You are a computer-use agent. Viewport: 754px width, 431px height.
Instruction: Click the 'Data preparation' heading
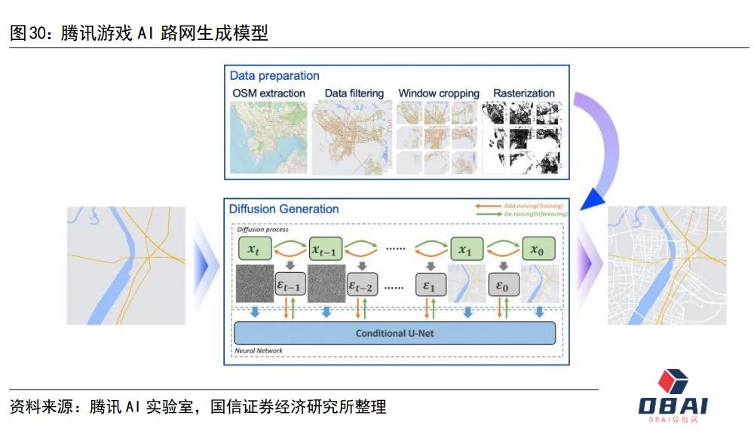point(274,76)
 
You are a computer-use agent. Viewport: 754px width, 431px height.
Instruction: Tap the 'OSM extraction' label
point(268,93)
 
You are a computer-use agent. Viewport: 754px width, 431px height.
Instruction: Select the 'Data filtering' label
point(354,93)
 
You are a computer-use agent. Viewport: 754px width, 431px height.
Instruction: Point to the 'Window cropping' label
point(439,93)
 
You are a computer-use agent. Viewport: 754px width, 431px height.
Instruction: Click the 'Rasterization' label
point(524,93)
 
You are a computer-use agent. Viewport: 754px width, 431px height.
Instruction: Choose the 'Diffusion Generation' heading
point(284,209)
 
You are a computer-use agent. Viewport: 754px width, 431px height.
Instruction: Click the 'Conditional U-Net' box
point(394,332)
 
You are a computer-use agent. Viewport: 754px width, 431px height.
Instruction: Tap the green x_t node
point(253,249)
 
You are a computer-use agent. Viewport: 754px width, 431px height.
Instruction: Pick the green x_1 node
point(465,249)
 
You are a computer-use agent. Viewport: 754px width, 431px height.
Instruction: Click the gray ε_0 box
point(501,285)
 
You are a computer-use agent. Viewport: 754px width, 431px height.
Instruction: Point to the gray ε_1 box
point(431,285)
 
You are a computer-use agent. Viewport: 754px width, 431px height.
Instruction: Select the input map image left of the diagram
point(127,265)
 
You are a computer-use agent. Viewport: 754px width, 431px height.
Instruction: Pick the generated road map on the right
point(667,265)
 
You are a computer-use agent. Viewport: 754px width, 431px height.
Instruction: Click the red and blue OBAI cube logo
point(673,384)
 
